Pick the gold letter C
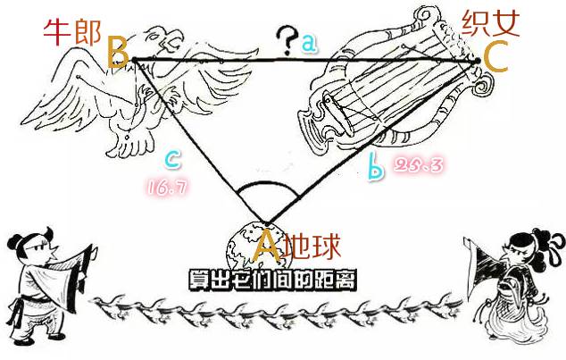click(495, 56)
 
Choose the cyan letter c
click(173, 160)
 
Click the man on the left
click(45, 277)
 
